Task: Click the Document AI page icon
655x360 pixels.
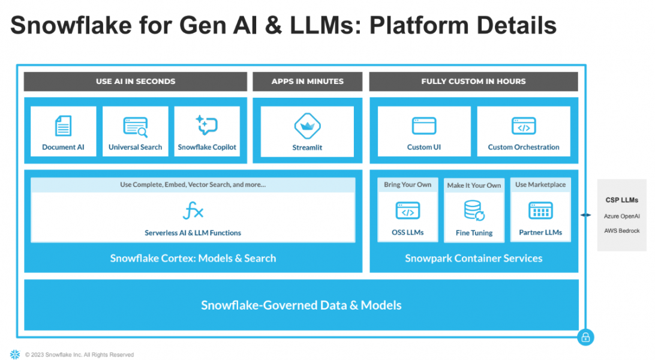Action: tap(63, 126)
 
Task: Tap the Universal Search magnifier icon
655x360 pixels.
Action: tap(136, 127)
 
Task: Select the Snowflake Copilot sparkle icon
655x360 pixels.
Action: tap(207, 125)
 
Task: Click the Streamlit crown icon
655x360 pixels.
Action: tap(307, 126)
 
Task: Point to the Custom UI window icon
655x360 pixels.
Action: tap(424, 126)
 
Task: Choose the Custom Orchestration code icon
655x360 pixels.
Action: tap(524, 126)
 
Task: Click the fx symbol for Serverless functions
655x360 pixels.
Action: tap(193, 211)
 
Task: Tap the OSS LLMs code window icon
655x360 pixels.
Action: tap(408, 211)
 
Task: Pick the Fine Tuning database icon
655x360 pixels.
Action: tap(474, 211)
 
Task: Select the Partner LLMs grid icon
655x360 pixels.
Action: tap(540, 211)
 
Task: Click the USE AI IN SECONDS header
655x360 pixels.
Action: tap(136, 82)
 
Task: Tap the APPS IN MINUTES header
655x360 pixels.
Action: tap(308, 82)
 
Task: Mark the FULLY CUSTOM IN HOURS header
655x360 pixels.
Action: tap(473, 82)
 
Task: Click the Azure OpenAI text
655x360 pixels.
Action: tap(621, 216)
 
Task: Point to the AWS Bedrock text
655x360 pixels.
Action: tap(621, 230)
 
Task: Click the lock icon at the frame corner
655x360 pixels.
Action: tap(585, 337)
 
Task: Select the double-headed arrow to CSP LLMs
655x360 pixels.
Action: tap(587, 214)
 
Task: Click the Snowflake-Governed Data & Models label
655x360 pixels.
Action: tap(301, 305)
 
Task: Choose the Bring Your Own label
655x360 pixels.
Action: tap(408, 185)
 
